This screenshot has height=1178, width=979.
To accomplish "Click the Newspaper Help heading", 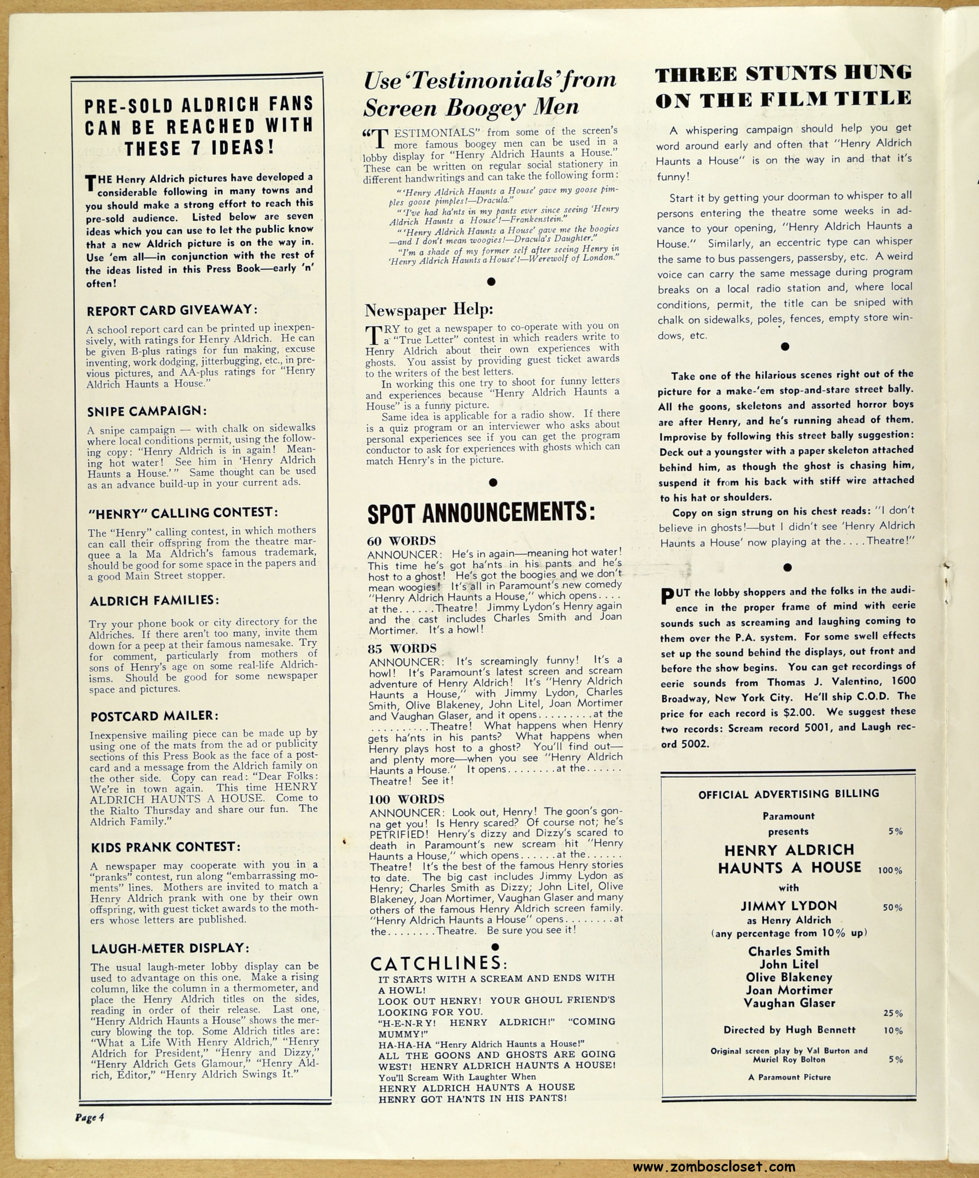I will (429, 310).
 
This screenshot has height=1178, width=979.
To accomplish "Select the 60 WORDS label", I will (401, 541).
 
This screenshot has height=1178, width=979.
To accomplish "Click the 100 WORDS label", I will (406, 799).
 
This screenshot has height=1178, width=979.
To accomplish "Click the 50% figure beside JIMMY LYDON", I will (892, 907).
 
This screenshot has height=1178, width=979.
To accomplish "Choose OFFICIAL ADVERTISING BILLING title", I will (788, 794).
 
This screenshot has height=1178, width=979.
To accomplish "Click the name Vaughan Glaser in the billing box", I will (789, 1002).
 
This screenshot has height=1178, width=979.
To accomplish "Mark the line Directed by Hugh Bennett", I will (790, 1029).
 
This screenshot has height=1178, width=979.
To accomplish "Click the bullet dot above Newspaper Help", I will (491, 281).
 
